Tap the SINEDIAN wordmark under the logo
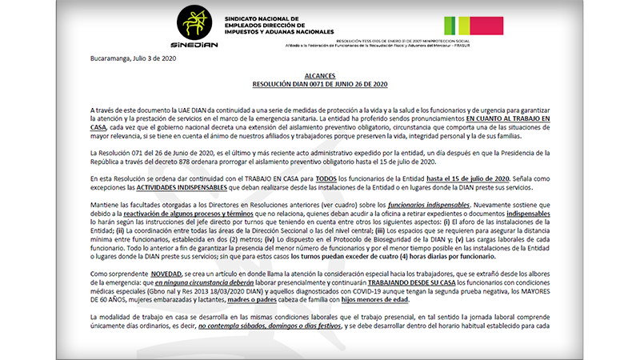194,46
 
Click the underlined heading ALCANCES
319,74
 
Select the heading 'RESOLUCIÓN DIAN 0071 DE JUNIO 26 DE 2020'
319,83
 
